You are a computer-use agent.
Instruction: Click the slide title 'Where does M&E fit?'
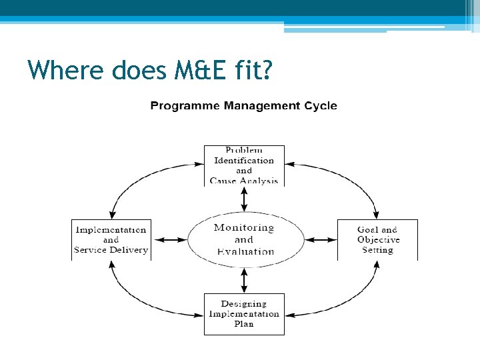[x=149, y=69]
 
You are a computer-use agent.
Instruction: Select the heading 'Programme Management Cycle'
[x=243, y=106]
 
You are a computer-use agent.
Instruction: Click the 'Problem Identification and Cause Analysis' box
[x=244, y=165]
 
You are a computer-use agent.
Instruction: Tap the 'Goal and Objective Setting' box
[x=377, y=240]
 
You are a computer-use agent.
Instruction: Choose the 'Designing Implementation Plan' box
[x=244, y=314]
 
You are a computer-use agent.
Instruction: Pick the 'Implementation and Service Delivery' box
[x=111, y=240]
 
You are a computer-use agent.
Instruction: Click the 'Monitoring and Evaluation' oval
[x=244, y=239]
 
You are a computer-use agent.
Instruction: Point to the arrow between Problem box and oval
[x=244, y=198]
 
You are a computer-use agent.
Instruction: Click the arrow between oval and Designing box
[x=244, y=279]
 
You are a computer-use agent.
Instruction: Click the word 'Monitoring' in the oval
[x=244, y=228]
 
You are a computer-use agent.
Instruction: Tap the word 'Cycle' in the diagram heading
[x=320, y=106]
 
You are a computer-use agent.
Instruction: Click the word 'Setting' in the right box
[x=377, y=251]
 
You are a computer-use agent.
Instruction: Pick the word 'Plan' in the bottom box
[x=244, y=325]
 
